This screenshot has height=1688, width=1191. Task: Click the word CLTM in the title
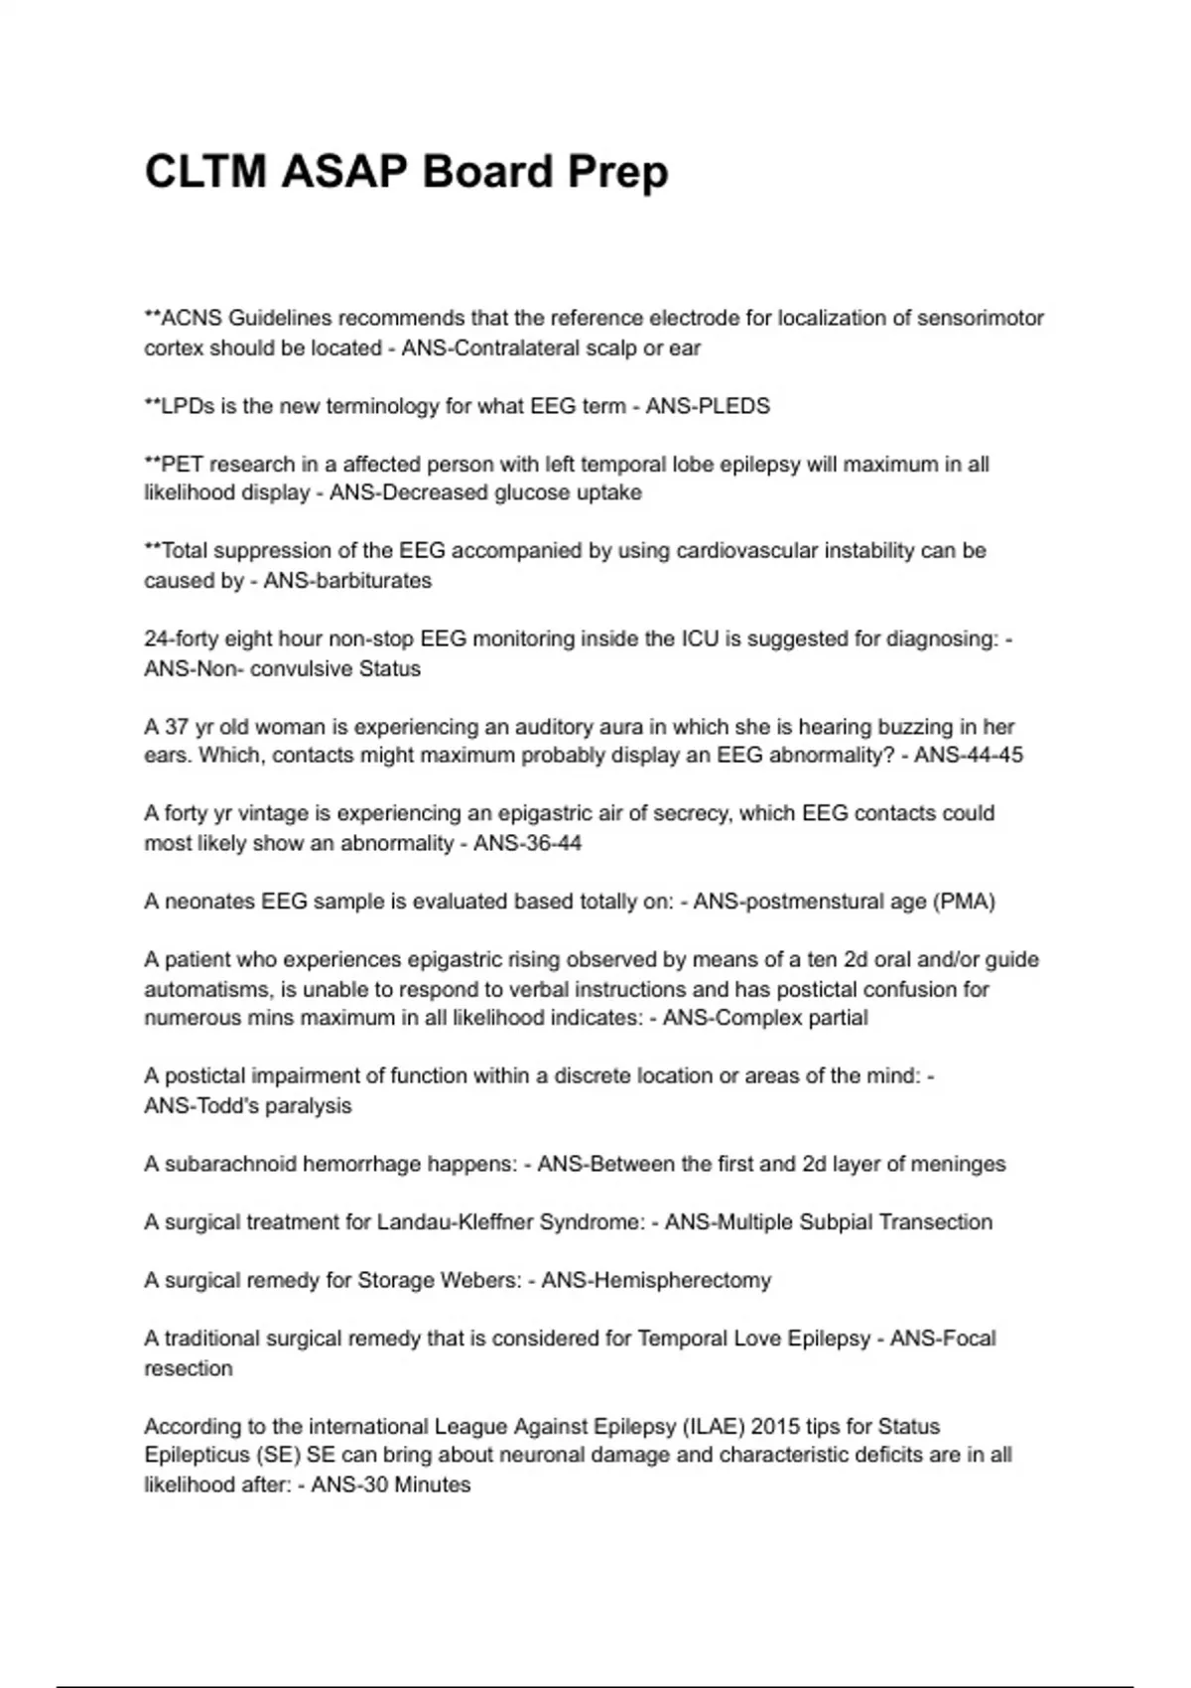click(x=204, y=171)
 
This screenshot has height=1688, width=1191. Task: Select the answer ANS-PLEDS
click(x=708, y=406)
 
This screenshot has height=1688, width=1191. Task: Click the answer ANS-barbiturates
click(x=347, y=581)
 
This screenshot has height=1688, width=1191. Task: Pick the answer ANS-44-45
click(x=968, y=756)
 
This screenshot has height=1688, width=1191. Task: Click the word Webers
click(x=483, y=1281)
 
